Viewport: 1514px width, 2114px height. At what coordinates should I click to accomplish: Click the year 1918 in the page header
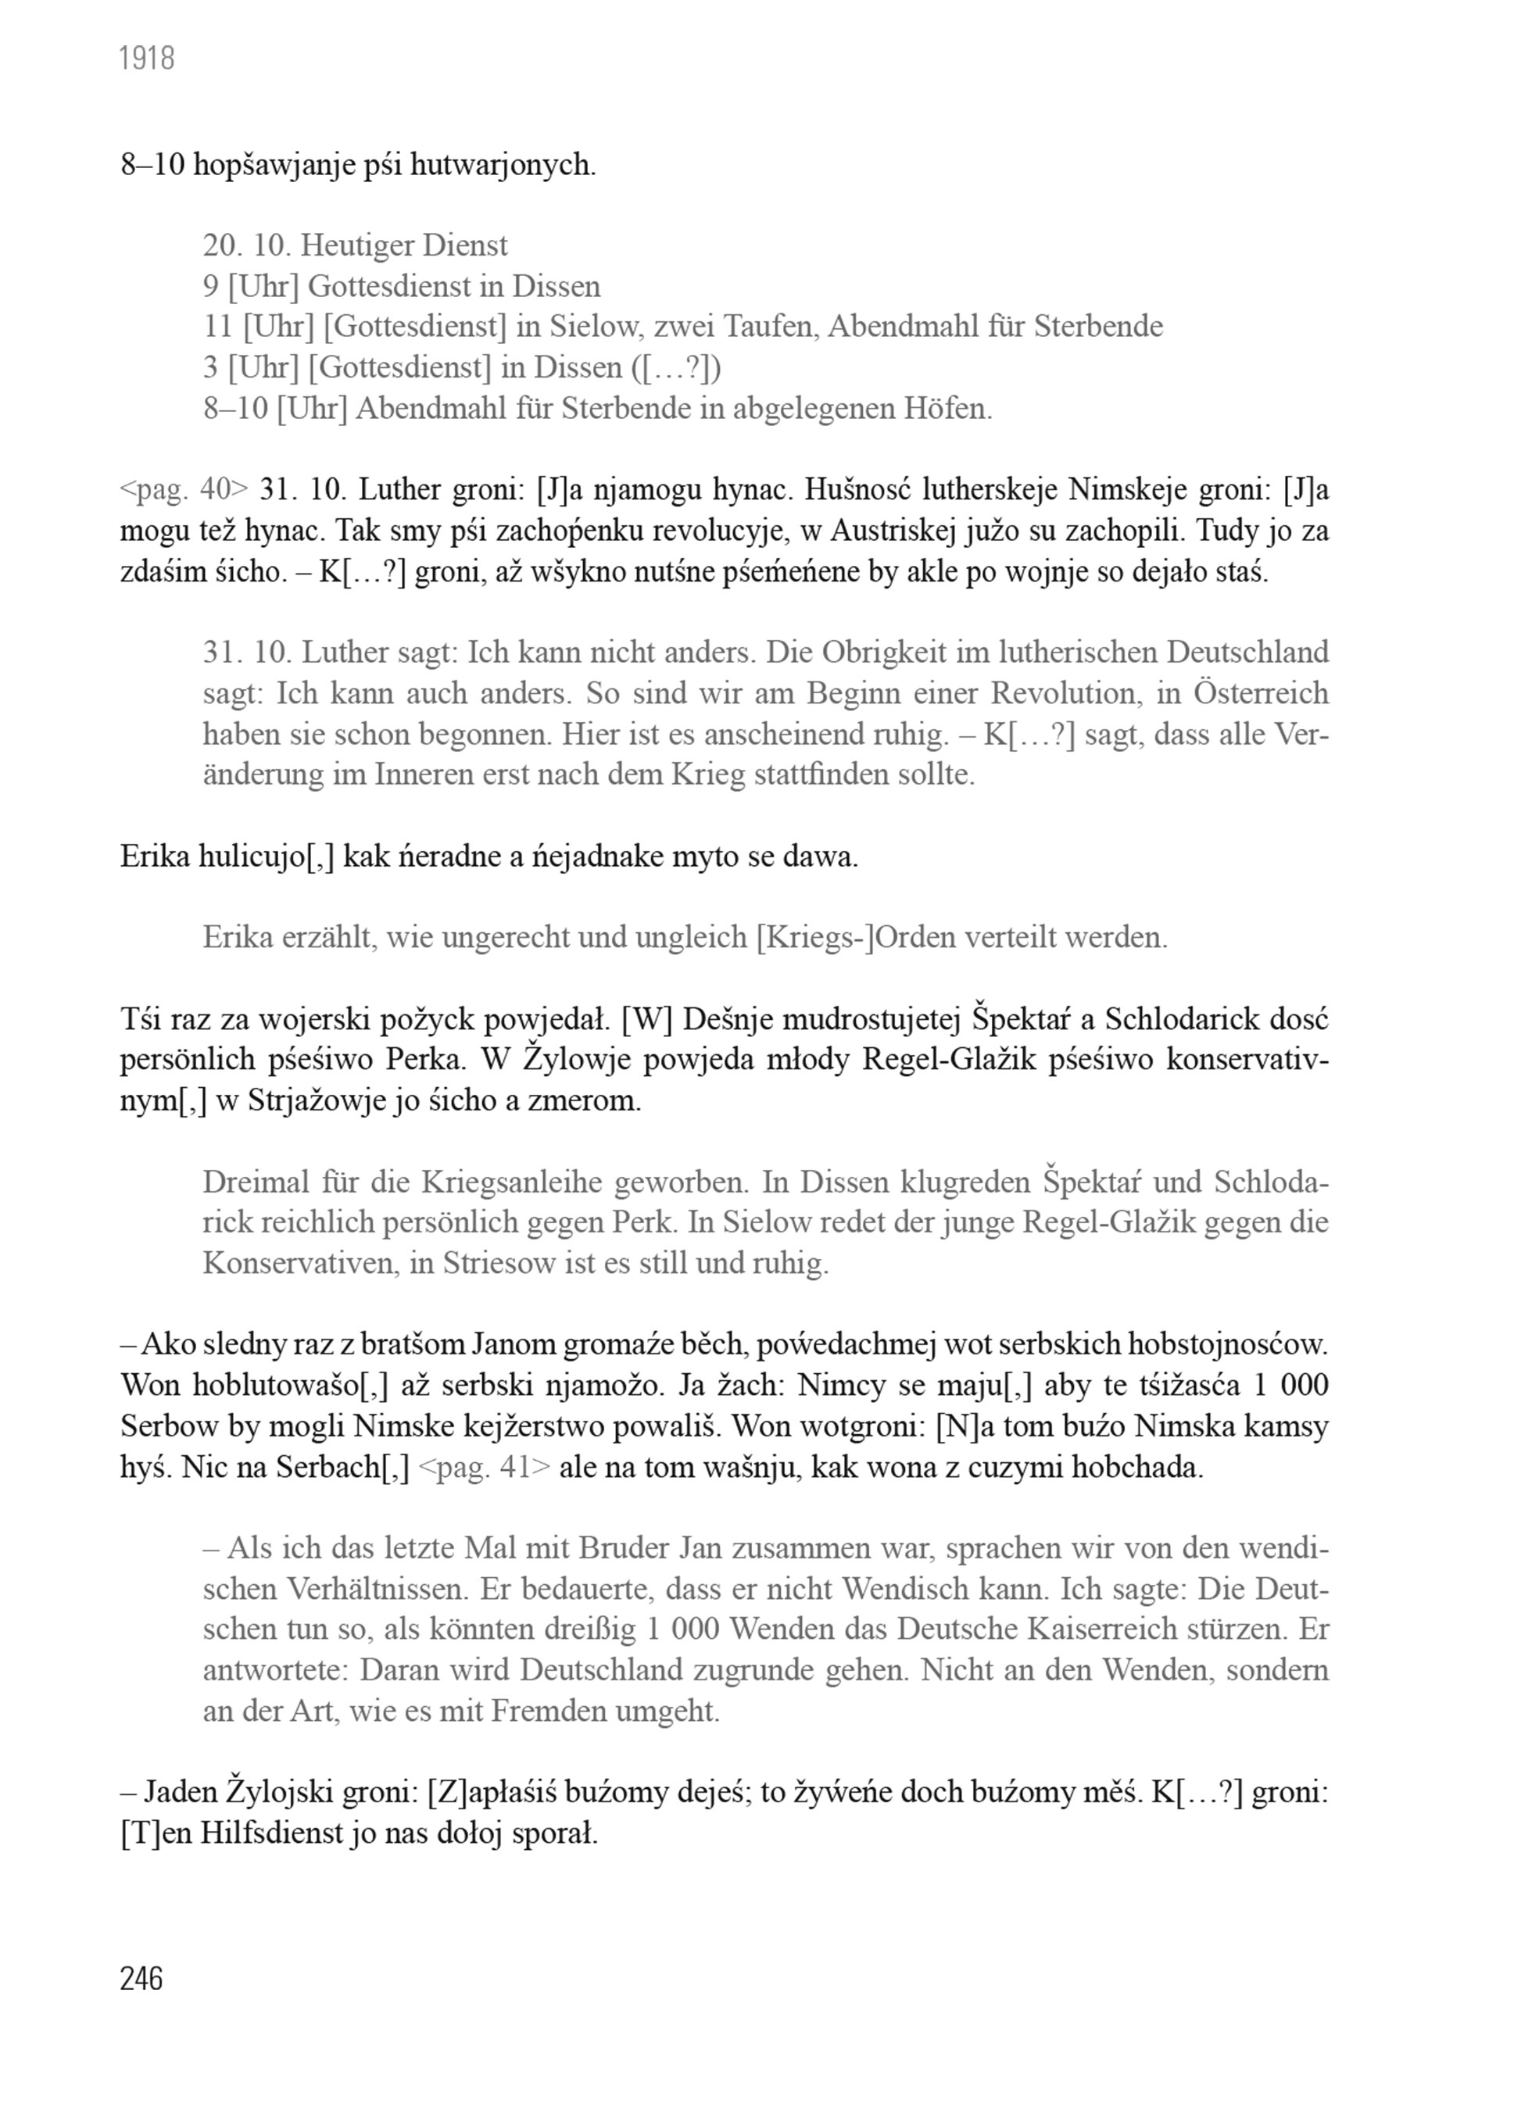click(147, 59)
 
